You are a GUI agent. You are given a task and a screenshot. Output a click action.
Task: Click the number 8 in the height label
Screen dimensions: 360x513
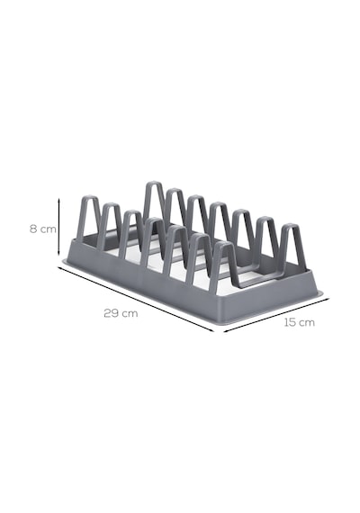pyautogui.click(x=33, y=229)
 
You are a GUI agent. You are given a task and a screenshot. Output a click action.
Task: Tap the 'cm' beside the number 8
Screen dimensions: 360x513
pyautogui.click(x=48, y=229)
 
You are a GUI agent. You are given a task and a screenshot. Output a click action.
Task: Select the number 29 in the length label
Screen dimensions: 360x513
pyautogui.click(x=112, y=313)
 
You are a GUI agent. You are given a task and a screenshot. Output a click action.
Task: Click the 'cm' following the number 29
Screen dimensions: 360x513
pyautogui.click(x=130, y=314)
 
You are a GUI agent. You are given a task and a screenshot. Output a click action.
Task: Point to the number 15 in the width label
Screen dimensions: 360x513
pyautogui.click(x=290, y=322)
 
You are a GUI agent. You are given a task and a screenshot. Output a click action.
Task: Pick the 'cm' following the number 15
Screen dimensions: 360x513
pyautogui.click(x=307, y=323)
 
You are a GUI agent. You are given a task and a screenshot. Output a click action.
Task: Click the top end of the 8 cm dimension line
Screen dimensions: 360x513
pyautogui.click(x=58, y=198)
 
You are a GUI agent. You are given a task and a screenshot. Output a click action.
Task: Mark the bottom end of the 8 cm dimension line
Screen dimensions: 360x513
pyautogui.click(x=58, y=254)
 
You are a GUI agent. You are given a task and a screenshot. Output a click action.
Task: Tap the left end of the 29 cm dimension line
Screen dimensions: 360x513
pyautogui.click(x=58, y=267)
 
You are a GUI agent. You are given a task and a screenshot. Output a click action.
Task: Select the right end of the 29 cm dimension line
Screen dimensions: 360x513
pyautogui.click(x=213, y=331)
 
